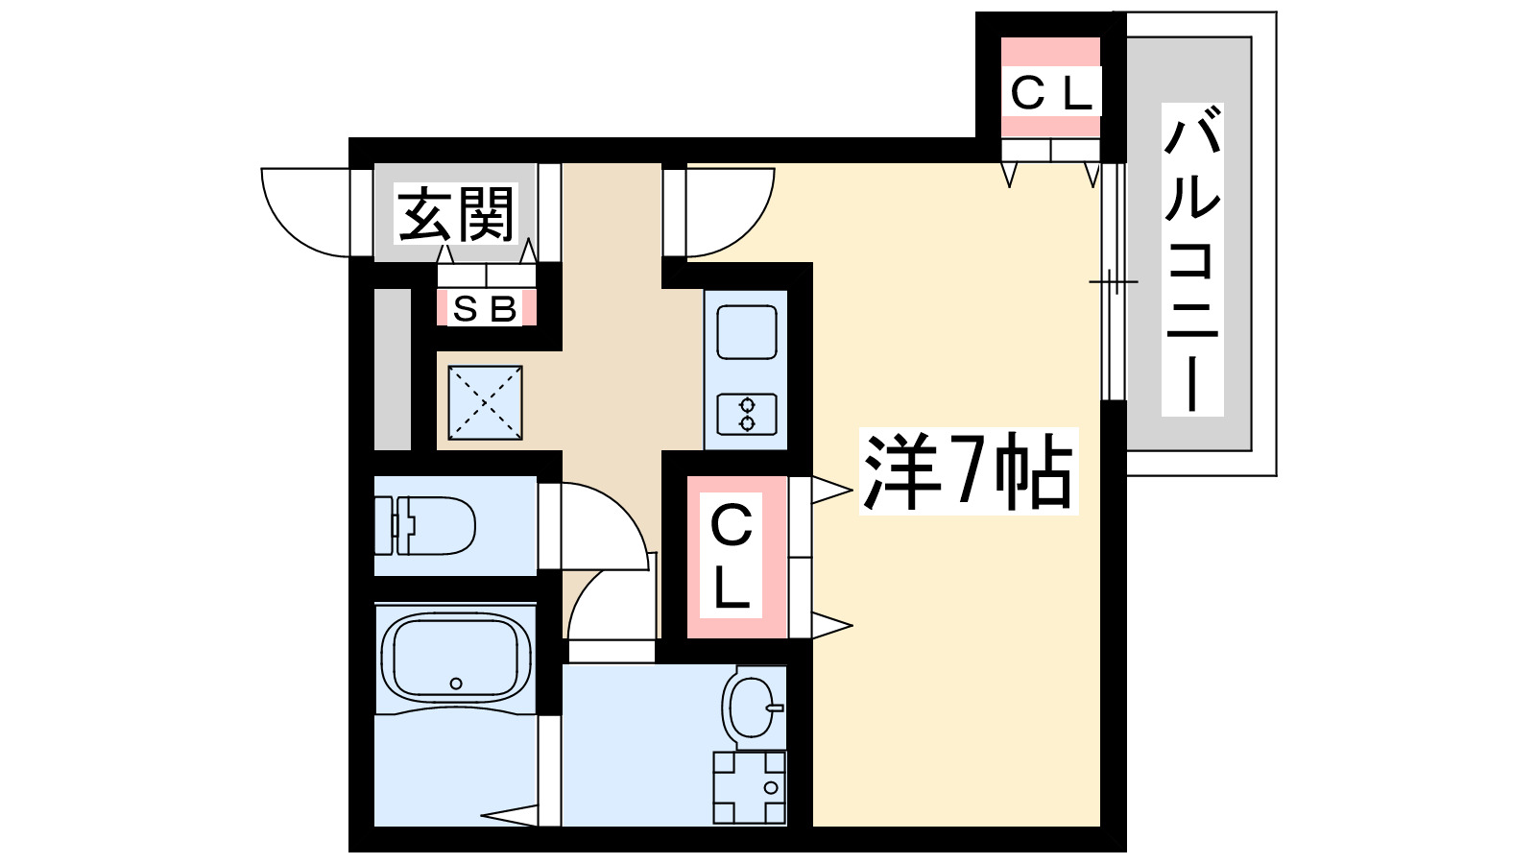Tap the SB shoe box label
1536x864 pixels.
pyautogui.click(x=485, y=309)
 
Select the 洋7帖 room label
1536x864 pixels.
pyautogui.click(x=968, y=471)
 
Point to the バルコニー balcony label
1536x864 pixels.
pyautogui.click(x=1191, y=259)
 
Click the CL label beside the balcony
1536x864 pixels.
pyautogui.click(x=1050, y=93)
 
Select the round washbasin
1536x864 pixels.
pyautogui.click(x=752, y=707)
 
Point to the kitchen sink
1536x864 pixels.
pyautogui.click(x=747, y=332)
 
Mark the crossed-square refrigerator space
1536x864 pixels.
pyautogui.click(x=485, y=402)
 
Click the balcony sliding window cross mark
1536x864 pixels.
pyautogui.click(x=1113, y=282)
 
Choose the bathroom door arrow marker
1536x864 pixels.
pyautogui.click(x=509, y=816)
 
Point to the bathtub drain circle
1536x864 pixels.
pyautogui.click(x=456, y=684)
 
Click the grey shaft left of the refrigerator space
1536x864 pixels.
pyautogui.click(x=392, y=369)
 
